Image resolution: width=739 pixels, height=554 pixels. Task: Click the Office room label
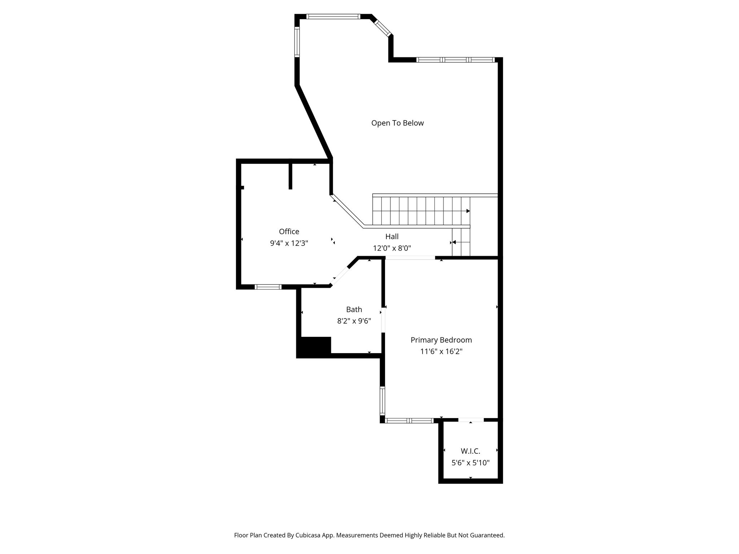pos(289,232)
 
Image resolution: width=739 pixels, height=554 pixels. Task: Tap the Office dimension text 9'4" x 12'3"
pos(289,243)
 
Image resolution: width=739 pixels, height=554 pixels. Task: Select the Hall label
pos(392,237)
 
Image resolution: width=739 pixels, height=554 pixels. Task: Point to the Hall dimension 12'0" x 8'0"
pos(392,248)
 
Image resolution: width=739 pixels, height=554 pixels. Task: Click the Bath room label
pos(354,309)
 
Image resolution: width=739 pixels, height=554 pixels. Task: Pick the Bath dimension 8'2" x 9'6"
pos(354,321)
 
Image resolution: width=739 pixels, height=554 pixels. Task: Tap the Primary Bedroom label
pos(441,340)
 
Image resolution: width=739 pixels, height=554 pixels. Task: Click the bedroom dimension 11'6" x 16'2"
pos(441,351)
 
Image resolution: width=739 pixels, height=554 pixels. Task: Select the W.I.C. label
pos(471,451)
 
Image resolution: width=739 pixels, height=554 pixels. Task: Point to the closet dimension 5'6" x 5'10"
pos(471,463)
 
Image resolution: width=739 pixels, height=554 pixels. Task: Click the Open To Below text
pos(397,123)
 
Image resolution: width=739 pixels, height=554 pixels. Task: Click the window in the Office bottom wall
pos(268,287)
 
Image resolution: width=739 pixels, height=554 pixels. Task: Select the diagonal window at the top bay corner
pos(383,28)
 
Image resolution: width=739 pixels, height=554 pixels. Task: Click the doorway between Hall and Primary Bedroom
pos(410,258)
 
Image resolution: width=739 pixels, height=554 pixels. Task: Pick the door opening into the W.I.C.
pos(471,420)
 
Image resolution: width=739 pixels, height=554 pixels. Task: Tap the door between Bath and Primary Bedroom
pos(383,320)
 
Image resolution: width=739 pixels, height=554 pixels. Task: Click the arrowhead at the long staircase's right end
pos(468,211)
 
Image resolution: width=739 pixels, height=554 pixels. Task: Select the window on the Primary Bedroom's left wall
pos(382,401)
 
